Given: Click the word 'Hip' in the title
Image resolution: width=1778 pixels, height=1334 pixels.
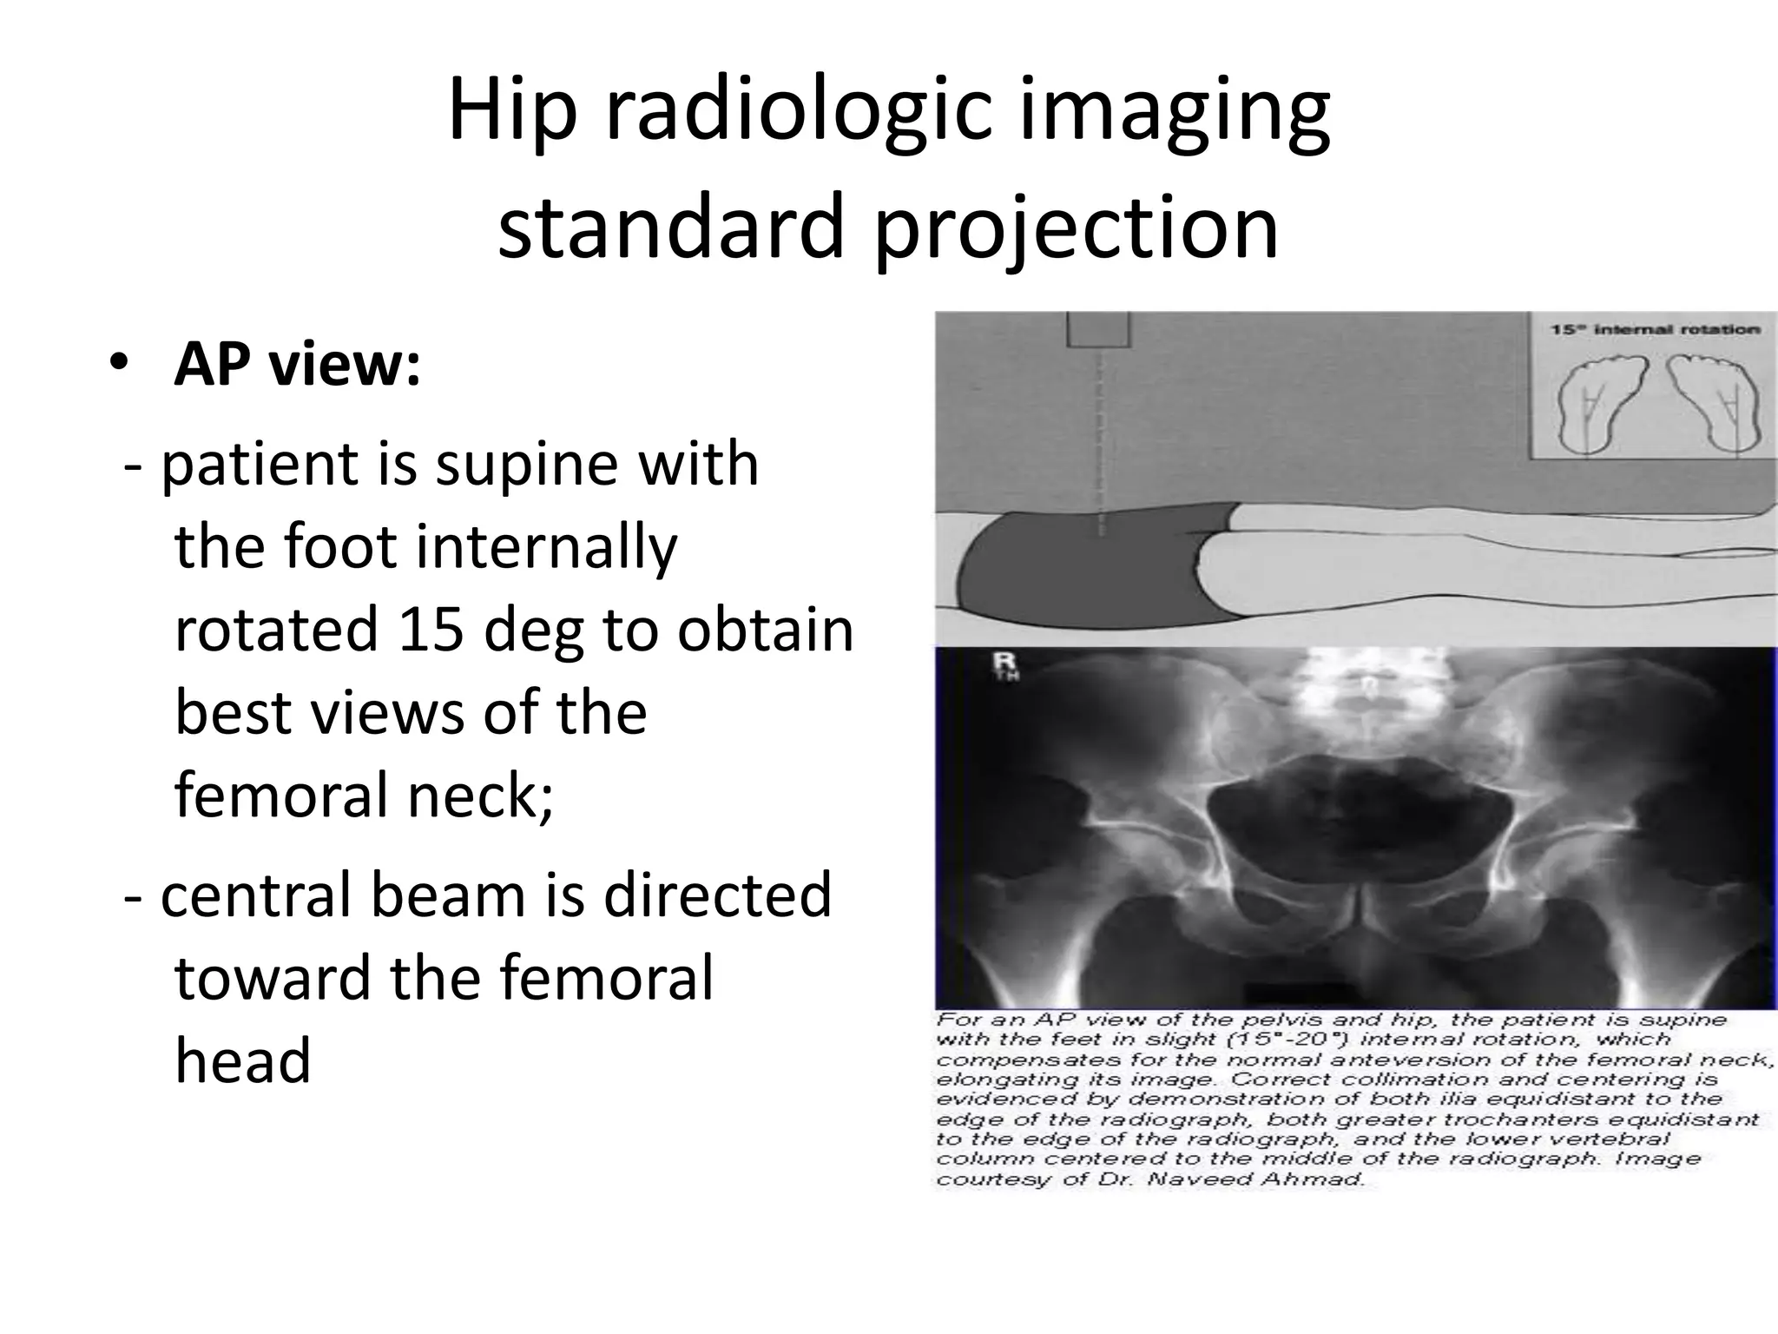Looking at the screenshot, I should pos(512,113).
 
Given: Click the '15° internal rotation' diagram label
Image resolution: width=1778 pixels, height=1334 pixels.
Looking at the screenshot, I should pos(1655,331).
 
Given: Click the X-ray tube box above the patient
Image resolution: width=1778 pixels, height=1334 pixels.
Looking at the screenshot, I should pos(1098,330).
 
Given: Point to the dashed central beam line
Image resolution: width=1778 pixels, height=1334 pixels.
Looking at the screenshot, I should pos(1100,434).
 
